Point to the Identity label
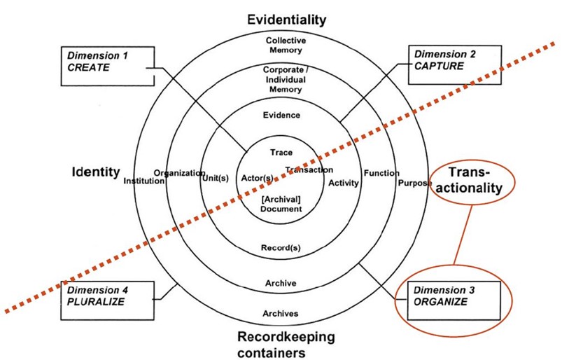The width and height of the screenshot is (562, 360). (95, 171)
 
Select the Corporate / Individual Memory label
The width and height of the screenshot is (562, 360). (282, 80)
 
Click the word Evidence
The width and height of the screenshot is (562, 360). (283, 115)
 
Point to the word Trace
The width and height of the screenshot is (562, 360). (281, 152)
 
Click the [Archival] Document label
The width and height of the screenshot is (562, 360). (280, 204)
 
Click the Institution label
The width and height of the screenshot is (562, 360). (144, 180)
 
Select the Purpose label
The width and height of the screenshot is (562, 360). (416, 184)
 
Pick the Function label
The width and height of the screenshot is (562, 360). (381, 173)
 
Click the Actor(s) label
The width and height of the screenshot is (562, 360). (257, 178)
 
